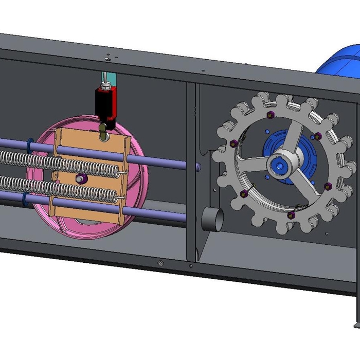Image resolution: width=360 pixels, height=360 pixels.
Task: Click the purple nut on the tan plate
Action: [80, 178]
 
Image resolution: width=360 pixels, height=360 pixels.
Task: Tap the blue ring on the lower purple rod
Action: [27, 197]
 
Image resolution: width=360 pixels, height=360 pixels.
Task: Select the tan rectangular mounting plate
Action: [87, 206]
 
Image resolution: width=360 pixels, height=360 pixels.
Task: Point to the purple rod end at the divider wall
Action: [198, 166]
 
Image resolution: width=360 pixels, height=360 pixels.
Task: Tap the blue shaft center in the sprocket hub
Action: [279, 166]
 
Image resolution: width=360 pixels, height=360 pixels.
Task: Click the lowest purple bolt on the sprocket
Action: [291, 214]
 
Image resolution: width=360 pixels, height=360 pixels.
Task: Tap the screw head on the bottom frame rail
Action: [160, 264]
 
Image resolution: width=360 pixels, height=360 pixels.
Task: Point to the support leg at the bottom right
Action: [356, 309]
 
